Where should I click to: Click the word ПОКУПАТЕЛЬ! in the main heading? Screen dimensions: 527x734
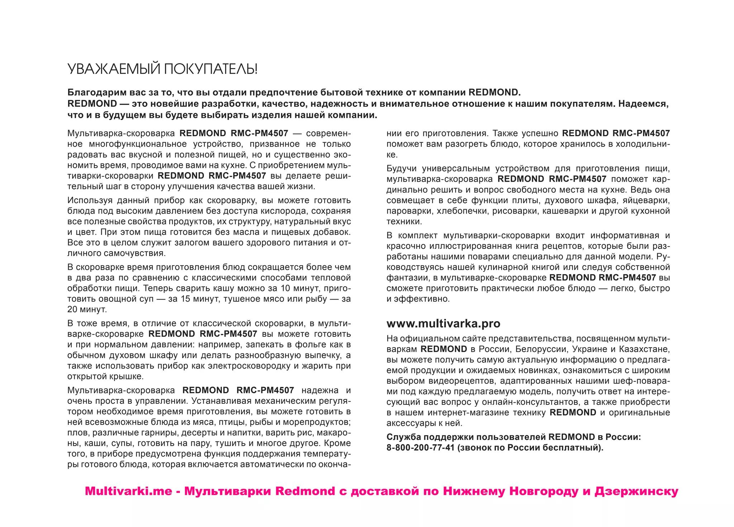point(210,69)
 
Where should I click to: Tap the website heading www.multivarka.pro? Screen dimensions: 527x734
point(443,324)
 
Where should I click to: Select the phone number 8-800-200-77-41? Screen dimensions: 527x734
point(420,447)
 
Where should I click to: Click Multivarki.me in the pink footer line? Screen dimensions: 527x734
point(128,491)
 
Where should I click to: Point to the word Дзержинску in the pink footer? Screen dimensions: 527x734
point(636,491)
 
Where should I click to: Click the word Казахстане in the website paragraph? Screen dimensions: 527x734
point(644,349)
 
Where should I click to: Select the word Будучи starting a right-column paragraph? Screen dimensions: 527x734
point(401,168)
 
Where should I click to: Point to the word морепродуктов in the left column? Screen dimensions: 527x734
point(321,422)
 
